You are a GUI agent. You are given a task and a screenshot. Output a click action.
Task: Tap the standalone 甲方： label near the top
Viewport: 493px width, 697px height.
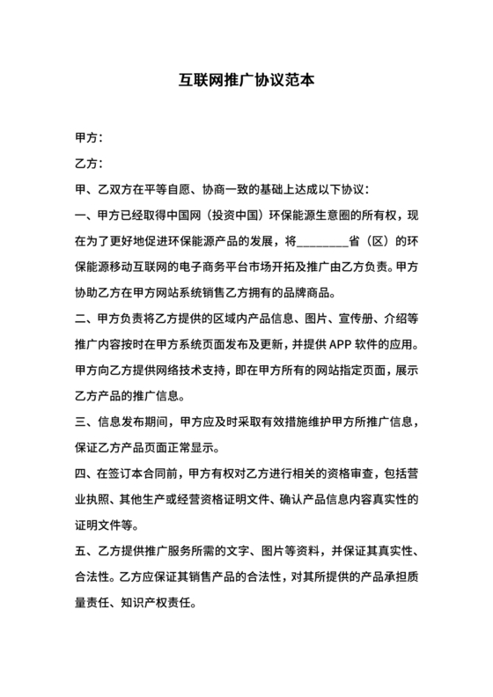pos(91,138)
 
